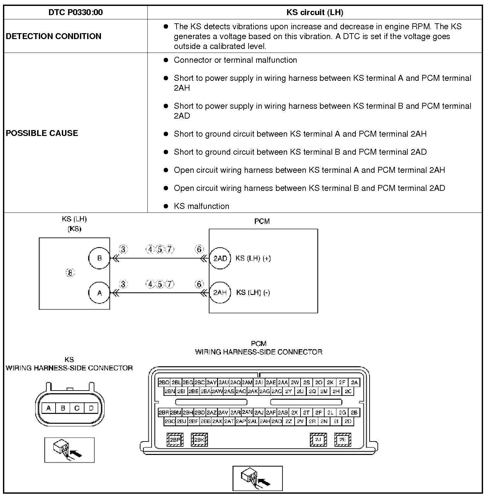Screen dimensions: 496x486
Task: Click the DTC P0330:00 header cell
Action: click(x=75, y=12)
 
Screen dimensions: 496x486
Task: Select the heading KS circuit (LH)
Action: click(x=315, y=12)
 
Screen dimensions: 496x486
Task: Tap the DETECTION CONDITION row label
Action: click(x=54, y=36)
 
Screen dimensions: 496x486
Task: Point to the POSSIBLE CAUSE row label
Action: click(x=42, y=133)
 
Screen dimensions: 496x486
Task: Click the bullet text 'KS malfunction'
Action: click(x=201, y=206)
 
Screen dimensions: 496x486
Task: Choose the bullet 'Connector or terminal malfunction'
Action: click(x=235, y=60)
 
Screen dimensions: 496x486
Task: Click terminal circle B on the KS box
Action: click(x=99, y=258)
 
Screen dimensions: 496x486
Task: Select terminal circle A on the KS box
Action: click(x=99, y=293)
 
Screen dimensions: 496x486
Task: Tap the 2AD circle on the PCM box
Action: click(x=220, y=258)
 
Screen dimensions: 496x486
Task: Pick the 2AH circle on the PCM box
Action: click(x=220, y=293)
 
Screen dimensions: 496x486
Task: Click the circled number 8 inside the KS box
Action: click(x=70, y=273)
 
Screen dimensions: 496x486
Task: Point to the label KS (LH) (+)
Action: click(x=253, y=258)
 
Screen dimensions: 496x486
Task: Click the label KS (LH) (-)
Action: click(x=253, y=293)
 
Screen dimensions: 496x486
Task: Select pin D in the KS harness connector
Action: click(x=91, y=408)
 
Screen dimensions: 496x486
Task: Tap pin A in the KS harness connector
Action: click(x=49, y=408)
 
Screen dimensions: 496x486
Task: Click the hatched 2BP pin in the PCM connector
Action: click(x=175, y=440)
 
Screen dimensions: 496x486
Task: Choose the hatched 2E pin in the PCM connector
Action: click(x=343, y=440)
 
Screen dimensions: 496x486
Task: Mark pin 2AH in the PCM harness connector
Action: click(x=265, y=421)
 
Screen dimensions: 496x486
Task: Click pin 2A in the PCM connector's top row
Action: click(x=354, y=382)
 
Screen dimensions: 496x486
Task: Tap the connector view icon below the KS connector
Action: click(x=69, y=450)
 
